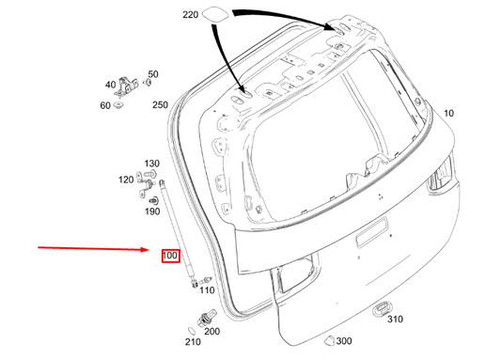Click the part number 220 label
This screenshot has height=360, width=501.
191,15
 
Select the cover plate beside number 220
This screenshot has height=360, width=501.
215,14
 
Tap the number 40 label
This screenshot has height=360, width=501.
111,85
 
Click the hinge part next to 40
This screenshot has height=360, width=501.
126,86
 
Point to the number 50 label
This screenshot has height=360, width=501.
153,74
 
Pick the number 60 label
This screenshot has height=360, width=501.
105,105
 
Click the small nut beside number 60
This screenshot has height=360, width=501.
118,104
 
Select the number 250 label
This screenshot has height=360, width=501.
160,104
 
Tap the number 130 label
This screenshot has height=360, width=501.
151,164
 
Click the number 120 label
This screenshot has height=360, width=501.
126,180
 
